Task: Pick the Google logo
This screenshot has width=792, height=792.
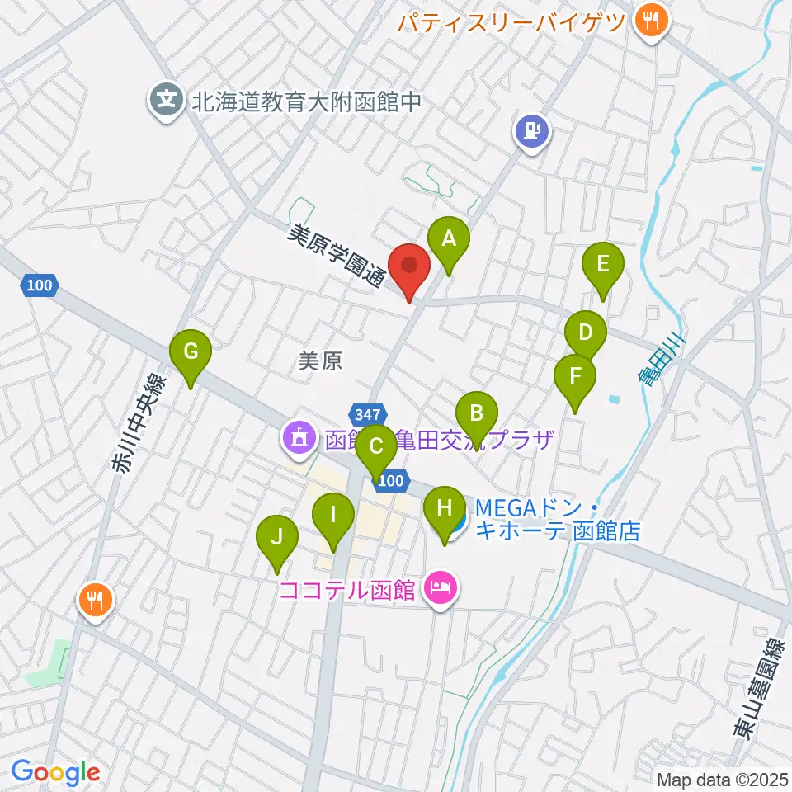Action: tap(55, 772)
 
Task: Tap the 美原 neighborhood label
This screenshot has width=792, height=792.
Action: tap(320, 361)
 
